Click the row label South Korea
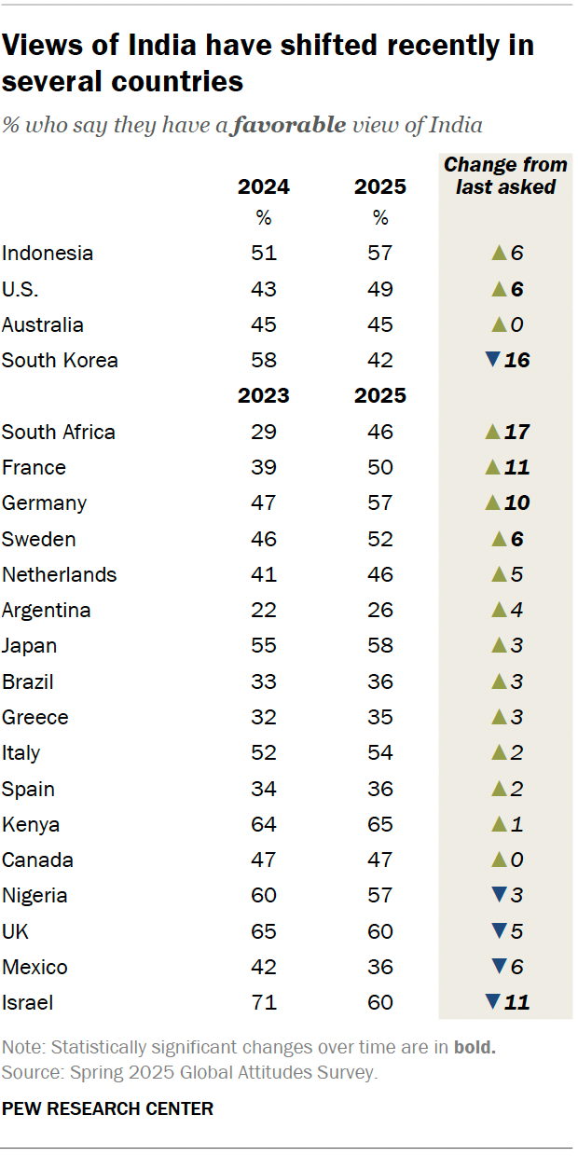[x=60, y=360]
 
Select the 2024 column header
[x=264, y=186]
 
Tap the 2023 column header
[x=264, y=395]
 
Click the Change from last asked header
[x=505, y=175]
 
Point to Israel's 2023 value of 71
[x=264, y=1003]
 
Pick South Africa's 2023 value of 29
[x=264, y=432]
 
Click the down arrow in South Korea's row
[x=493, y=360]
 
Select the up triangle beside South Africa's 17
[x=493, y=432]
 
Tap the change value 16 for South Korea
[x=516, y=360]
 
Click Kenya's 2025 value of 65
[x=380, y=824]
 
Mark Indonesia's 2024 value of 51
[x=264, y=253]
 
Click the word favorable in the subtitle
[x=288, y=125]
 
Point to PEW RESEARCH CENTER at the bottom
[x=107, y=1108]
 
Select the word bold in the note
[x=475, y=1047]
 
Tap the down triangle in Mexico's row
[x=496, y=967]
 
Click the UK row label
[x=16, y=931]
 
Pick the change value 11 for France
[x=516, y=467]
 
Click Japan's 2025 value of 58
[x=380, y=646]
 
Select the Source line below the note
[x=189, y=1072]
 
